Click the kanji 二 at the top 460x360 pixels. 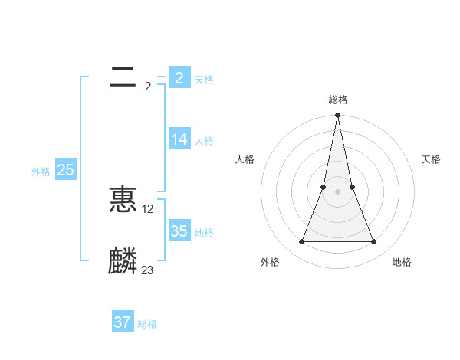tap(123, 77)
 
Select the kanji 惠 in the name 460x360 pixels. tap(123, 200)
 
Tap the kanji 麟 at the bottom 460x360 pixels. tap(123, 261)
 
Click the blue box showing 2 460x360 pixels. tap(179, 77)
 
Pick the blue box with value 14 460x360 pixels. tap(179, 139)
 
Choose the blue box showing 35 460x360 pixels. tap(179, 231)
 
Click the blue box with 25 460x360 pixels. tap(65, 170)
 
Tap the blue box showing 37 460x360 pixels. tap(122, 322)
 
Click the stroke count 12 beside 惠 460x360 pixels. tap(148, 209)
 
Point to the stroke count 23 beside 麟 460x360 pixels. tap(147, 270)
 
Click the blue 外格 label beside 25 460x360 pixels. tap(41, 172)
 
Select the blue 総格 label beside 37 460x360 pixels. tap(147, 324)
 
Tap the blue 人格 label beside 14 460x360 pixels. tap(204, 141)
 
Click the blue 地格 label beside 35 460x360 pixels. tap(204, 233)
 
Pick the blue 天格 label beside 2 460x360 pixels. tap(204, 80)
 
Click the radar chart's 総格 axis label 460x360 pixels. tap(338, 100)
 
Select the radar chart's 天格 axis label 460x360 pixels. tap(431, 159)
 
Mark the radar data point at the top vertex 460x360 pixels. tap(337, 116)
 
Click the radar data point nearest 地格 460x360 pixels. tap(374, 242)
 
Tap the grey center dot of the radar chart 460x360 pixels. tap(337, 191)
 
